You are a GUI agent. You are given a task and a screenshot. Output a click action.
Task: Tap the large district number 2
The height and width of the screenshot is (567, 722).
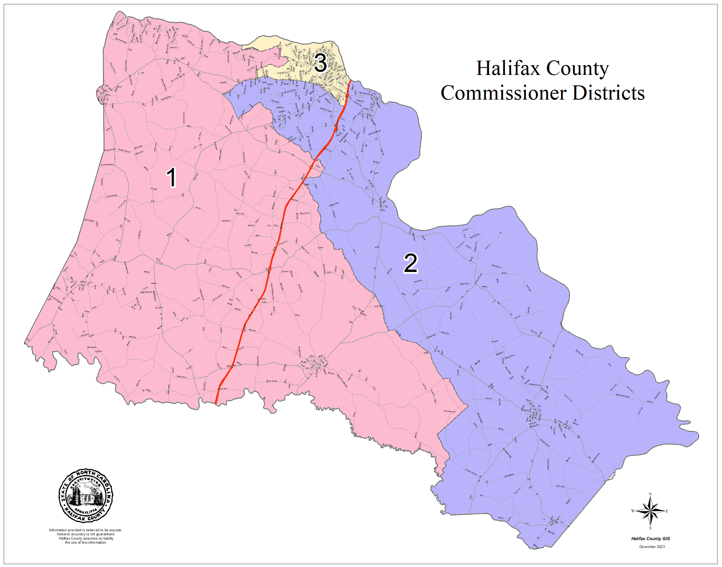(410, 263)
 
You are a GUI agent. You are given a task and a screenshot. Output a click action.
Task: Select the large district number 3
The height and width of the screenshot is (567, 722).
(320, 63)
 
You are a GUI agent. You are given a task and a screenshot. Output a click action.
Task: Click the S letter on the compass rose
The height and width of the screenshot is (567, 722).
(650, 528)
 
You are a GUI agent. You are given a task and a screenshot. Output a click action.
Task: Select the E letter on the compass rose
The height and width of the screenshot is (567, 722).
(667, 511)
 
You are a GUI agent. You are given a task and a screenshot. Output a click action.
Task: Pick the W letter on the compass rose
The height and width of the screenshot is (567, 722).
(633, 511)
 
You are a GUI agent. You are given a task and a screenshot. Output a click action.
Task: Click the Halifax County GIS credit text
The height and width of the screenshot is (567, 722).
(650, 539)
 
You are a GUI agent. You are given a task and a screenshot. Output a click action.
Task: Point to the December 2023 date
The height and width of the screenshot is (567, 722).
(652, 547)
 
